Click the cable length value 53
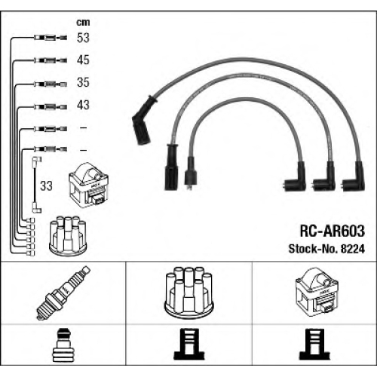83,38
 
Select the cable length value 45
83,60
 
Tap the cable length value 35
83,82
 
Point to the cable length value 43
83,105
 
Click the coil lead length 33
46,186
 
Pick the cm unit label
83,23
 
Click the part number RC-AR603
332,231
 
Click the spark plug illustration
63,293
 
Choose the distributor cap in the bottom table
188,292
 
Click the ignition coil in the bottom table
317,291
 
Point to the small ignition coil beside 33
88,185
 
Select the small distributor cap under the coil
68,235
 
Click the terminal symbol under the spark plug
63,345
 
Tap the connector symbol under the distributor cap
188,344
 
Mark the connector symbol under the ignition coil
314,344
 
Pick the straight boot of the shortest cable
190,173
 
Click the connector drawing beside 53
51,38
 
